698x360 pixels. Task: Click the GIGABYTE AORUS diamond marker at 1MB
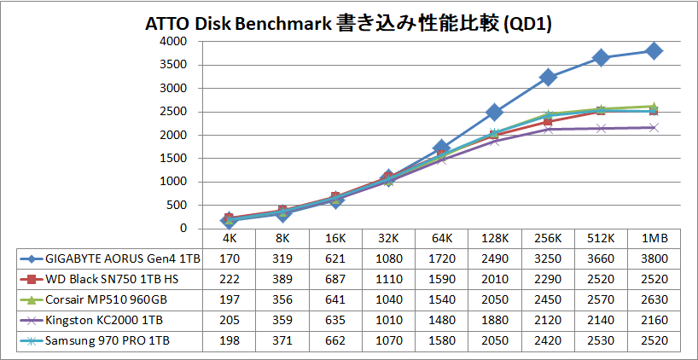tap(654, 51)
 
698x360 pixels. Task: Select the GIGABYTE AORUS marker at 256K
tap(548, 77)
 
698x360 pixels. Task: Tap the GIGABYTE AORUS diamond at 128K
tap(494, 113)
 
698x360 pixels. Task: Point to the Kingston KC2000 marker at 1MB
tap(654, 128)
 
